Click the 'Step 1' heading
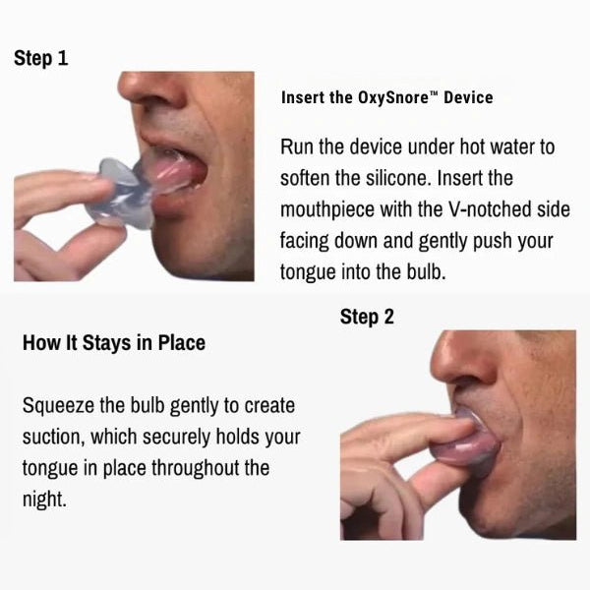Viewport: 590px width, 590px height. [40, 59]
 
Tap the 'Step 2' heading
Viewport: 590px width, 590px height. [367, 318]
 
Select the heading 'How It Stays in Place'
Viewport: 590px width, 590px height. [114, 343]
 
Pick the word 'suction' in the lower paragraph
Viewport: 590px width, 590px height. [53, 438]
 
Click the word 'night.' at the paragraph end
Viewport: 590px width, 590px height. [44, 500]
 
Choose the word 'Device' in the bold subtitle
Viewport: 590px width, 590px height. [468, 97]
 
